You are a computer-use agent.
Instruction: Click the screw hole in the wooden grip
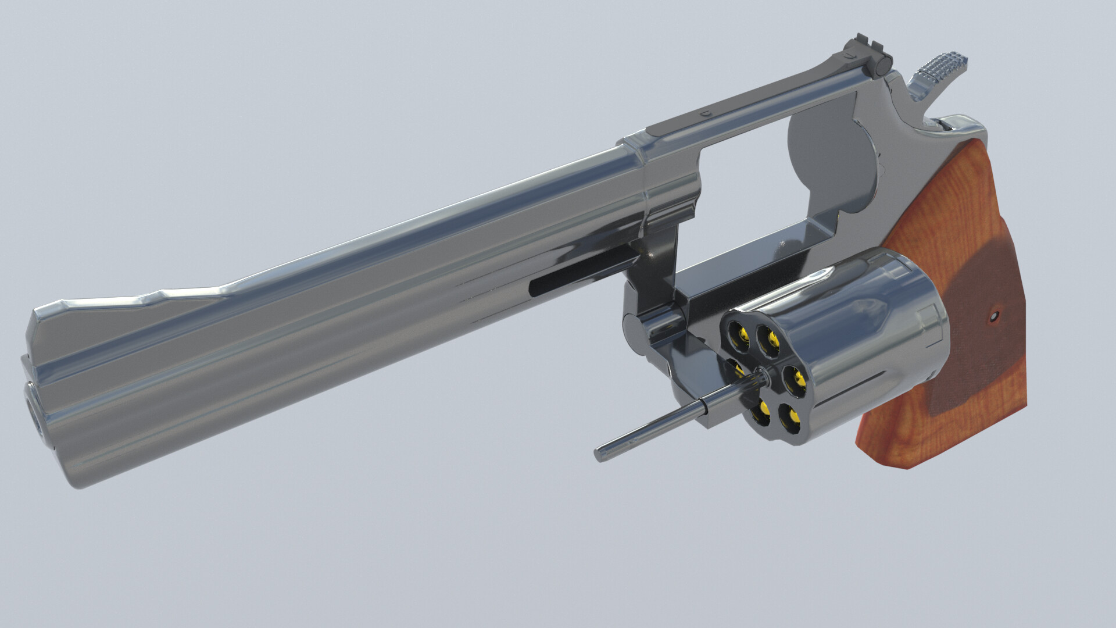(993, 316)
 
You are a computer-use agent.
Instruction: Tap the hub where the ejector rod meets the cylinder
(762, 378)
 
